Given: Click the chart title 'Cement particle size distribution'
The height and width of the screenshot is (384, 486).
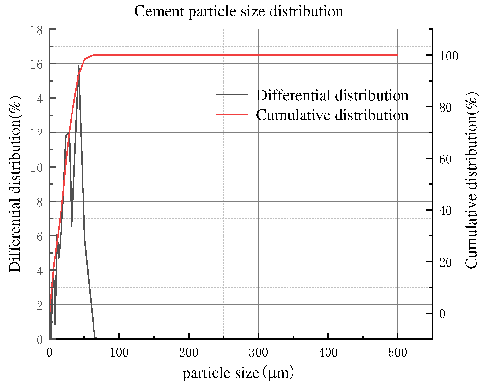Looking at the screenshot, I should (x=238, y=12).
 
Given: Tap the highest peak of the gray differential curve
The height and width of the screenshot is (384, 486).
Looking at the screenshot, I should (x=78, y=66).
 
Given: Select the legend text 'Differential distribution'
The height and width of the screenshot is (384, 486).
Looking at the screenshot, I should (x=332, y=95).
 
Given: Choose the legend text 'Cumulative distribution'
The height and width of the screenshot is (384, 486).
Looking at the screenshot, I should (x=332, y=115).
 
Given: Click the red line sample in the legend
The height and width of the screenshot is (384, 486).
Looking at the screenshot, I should (x=232, y=114).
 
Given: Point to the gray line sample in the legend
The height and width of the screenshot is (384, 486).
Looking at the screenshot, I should (x=232, y=94).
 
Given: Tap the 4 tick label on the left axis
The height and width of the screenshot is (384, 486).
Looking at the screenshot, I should (x=39, y=271).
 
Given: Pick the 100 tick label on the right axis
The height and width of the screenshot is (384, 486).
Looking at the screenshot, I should (x=448, y=56).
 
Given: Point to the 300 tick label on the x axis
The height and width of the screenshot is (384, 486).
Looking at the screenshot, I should (x=258, y=352).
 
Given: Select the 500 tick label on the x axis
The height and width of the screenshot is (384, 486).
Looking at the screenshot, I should (x=397, y=352).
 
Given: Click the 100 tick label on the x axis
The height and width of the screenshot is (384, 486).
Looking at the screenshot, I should (x=119, y=352).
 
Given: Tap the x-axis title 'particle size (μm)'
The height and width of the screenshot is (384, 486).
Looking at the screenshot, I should (x=238, y=373).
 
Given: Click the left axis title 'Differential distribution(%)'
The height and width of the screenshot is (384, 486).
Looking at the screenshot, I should (x=15, y=184).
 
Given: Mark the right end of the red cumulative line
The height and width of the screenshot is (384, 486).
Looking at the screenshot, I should (x=397, y=55).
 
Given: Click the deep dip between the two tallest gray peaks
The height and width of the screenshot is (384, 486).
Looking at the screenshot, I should (x=72, y=226).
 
